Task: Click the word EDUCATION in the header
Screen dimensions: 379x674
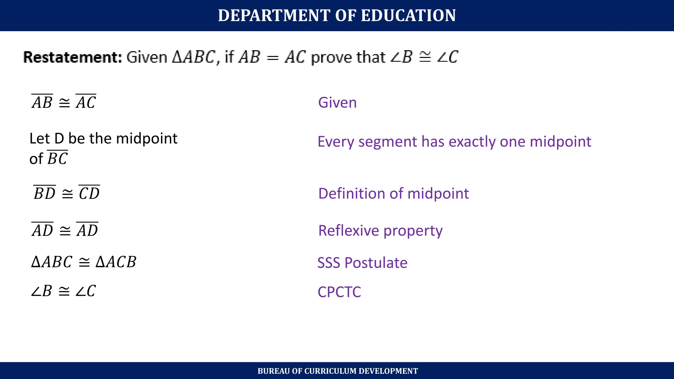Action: pos(408,15)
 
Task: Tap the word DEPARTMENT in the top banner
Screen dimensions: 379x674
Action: pos(274,15)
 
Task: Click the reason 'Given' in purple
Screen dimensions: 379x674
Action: pos(337,103)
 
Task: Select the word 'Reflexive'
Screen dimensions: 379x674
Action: pos(349,230)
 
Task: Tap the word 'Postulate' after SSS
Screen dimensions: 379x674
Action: pos(376,263)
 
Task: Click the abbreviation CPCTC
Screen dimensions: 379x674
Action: pos(339,292)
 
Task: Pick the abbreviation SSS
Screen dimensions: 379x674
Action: pos(329,263)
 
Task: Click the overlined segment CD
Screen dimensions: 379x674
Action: pos(89,193)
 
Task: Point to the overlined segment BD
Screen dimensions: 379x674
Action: pos(44,193)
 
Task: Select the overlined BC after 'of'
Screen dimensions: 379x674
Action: pos(58,158)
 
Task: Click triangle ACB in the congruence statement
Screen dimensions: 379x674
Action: pos(116,262)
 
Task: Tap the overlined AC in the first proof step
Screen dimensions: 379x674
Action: pos(86,102)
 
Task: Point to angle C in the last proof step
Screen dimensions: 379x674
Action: pos(86,291)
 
